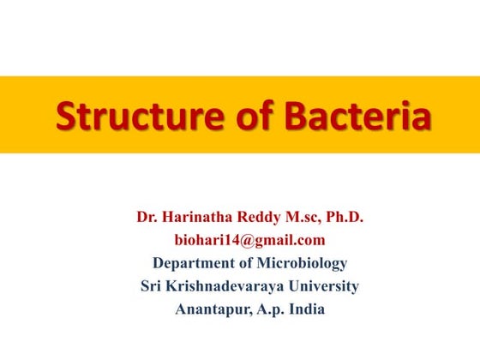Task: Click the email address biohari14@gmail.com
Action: pyautogui.click(x=249, y=241)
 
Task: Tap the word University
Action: pyautogui.click(x=325, y=286)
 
